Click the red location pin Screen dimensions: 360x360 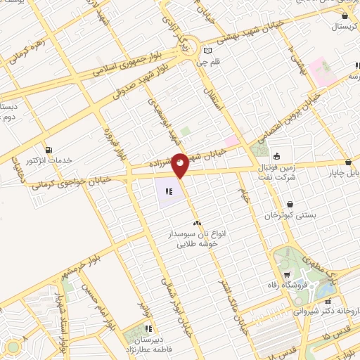(181, 165)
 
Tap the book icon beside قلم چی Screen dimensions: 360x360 (208, 50)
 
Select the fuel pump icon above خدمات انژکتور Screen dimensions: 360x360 (49, 149)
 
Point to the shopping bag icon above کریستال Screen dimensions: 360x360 (344, 15)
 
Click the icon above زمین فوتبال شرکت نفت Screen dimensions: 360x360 (277, 156)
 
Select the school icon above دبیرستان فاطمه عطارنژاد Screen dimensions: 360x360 (148, 328)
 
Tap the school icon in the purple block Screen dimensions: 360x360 (167, 191)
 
